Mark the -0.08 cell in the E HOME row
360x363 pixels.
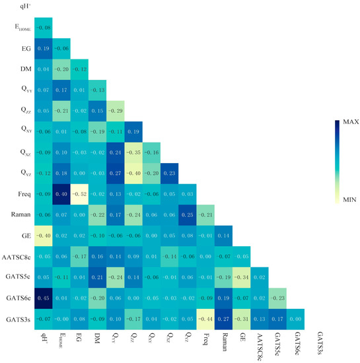click(x=44, y=27)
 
